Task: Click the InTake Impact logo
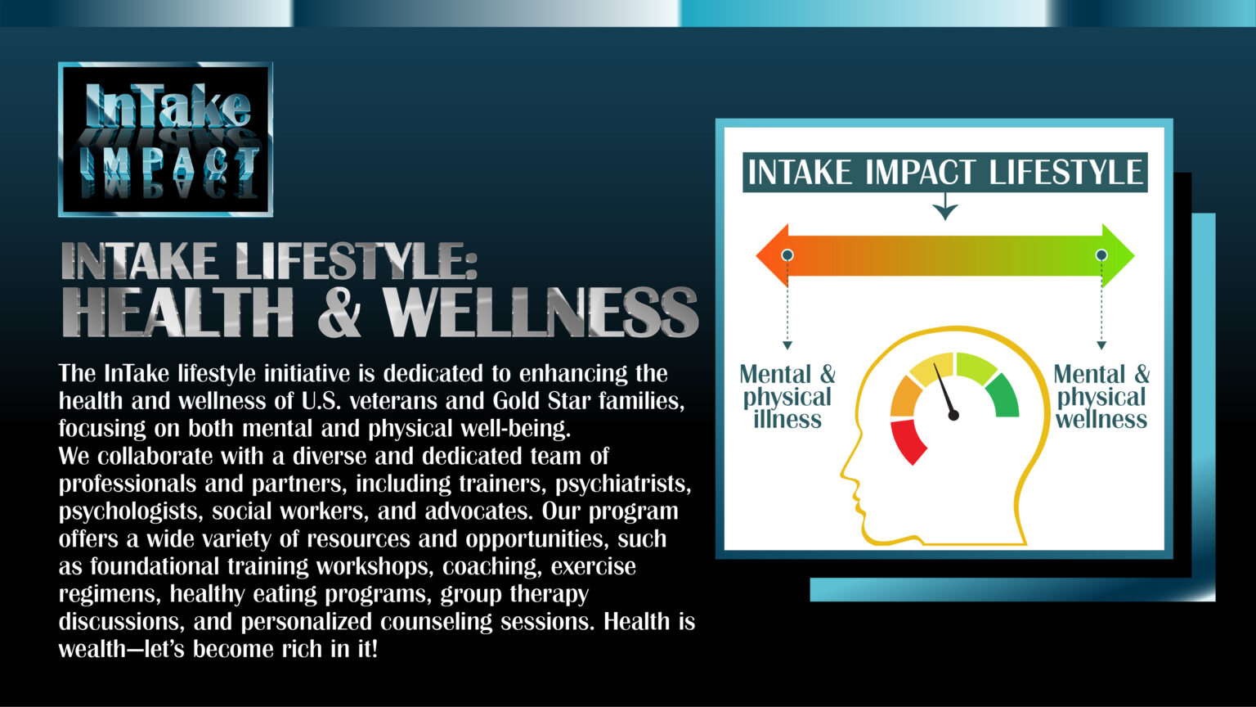(165, 139)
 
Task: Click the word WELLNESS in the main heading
(540, 313)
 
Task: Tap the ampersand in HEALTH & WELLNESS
(339, 313)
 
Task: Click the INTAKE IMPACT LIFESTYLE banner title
(944, 173)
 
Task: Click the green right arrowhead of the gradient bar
(1119, 255)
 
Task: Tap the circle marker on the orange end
(787, 255)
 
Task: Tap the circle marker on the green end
(1101, 255)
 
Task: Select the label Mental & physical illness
(787, 397)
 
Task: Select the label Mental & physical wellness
(1101, 397)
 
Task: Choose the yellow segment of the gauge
(932, 369)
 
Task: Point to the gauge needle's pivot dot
(953, 416)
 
